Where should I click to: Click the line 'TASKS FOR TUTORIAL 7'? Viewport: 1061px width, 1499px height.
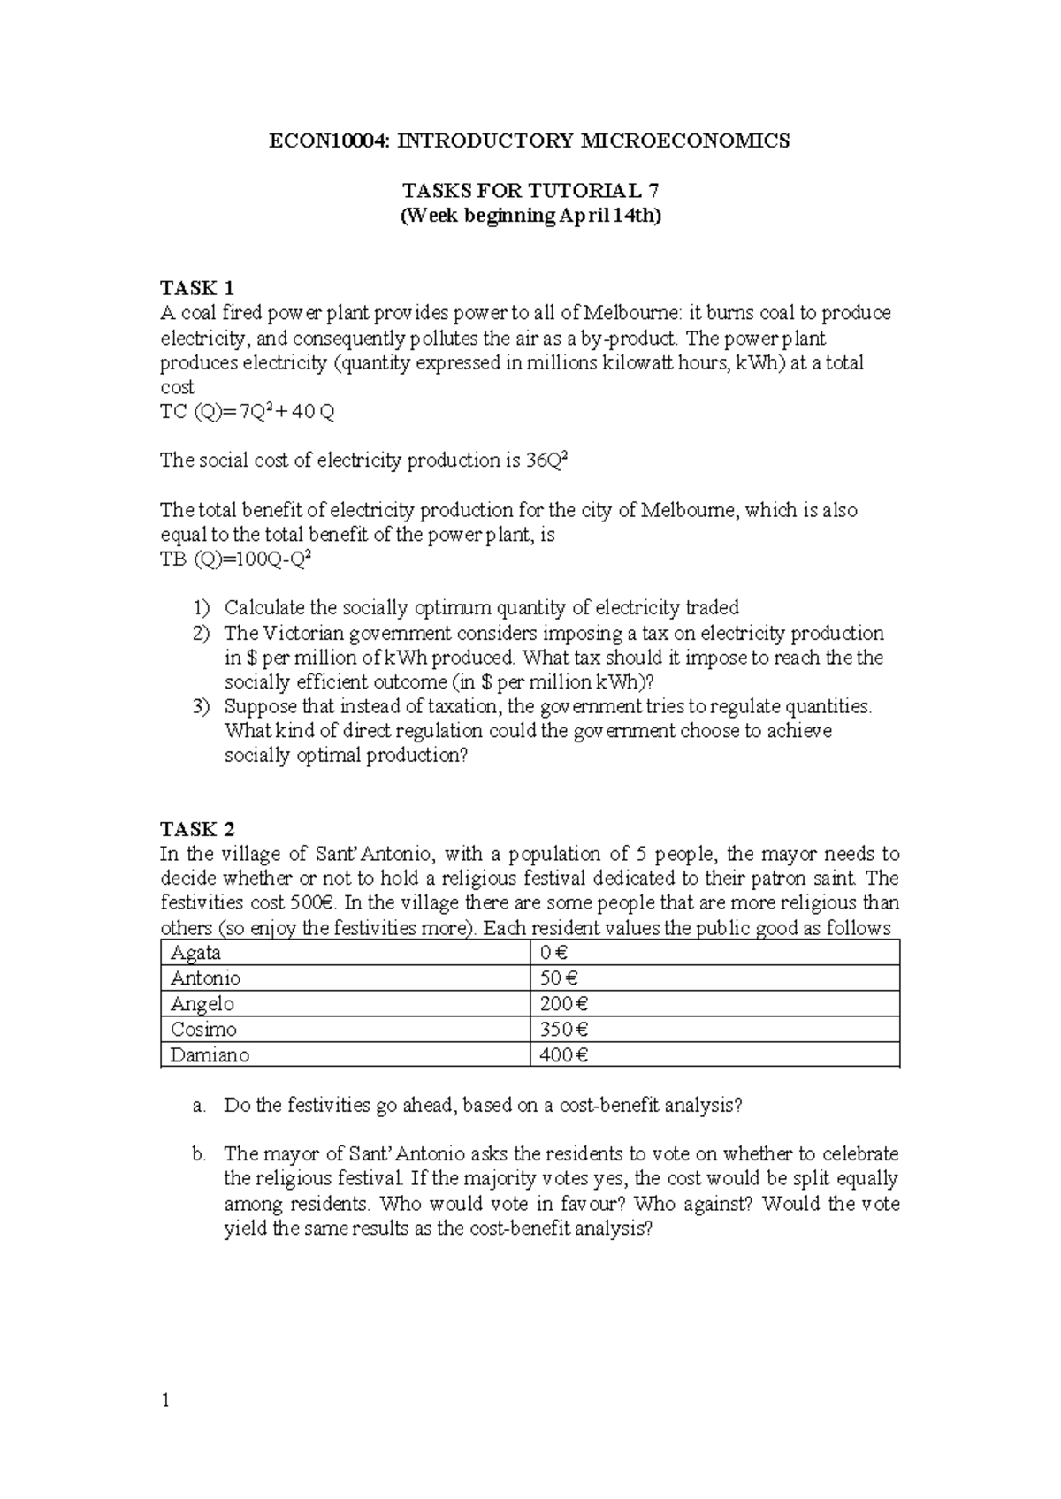(530, 191)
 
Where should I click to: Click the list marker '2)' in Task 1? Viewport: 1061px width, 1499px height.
(202, 633)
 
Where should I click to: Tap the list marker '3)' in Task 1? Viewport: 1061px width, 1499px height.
(202, 706)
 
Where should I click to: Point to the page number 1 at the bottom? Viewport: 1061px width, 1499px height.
(164, 1401)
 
